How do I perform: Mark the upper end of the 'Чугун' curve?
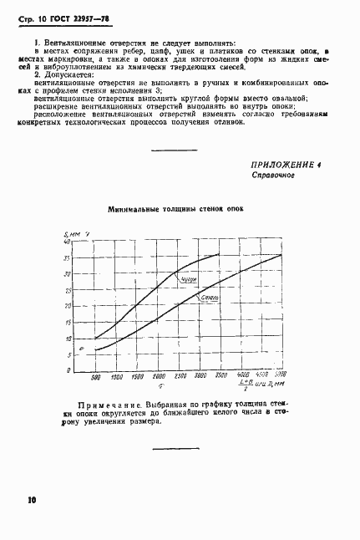(x=219, y=254)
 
